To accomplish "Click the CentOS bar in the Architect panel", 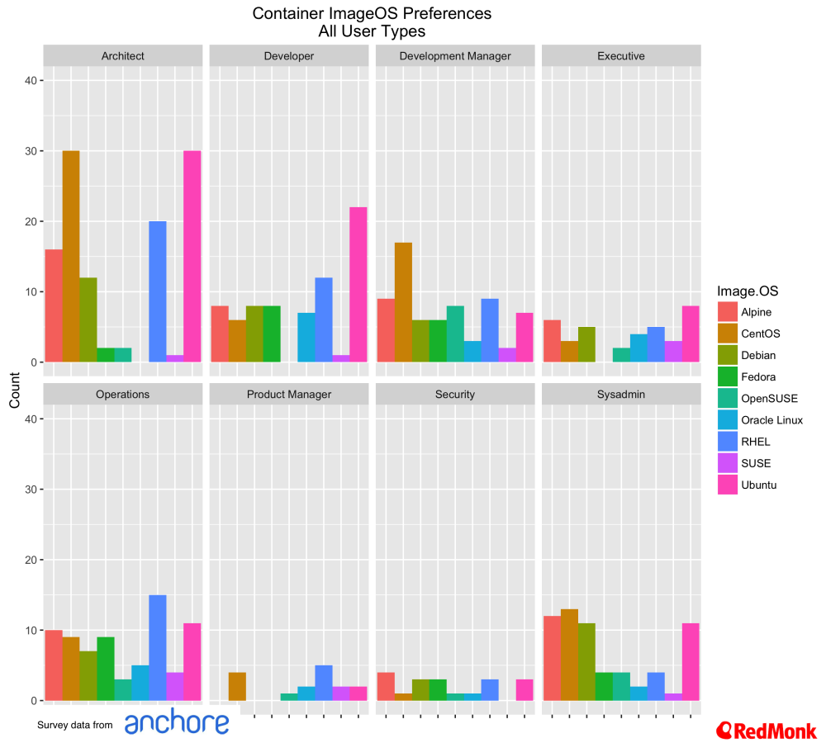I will coord(71,257).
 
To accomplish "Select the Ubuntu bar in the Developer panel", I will coord(358,285).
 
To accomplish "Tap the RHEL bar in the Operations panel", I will coord(158,648).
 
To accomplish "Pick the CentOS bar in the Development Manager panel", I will coord(403,302).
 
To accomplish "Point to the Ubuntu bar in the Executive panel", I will coord(691,334).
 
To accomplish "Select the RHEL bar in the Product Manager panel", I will coord(324,683).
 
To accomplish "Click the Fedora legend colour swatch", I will coord(728,376).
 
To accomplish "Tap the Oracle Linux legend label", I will coord(771,420).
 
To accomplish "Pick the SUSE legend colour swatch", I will coord(728,463).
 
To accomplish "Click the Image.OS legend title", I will coord(748,291).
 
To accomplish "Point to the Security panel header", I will coord(455,395).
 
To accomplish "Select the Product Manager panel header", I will coord(289,395).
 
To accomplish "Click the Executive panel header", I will coord(621,56).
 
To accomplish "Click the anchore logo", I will coord(177,722).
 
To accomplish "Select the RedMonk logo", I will coord(767,730).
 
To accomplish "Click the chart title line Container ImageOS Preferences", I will coord(372,14).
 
